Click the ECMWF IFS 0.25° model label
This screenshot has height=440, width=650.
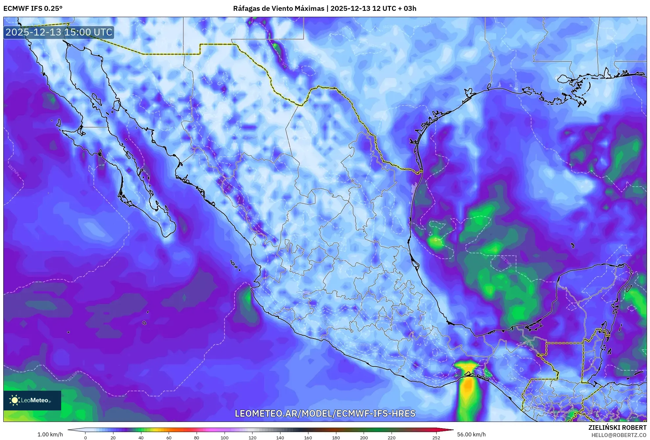tap(33, 9)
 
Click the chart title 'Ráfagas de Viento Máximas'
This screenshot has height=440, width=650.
tap(278, 9)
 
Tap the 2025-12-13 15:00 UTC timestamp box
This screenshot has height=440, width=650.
tap(59, 32)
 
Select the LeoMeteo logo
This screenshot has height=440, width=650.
tap(32, 400)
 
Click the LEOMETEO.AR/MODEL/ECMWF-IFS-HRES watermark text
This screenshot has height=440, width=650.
tap(325, 413)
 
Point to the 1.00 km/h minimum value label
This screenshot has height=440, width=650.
tap(50, 434)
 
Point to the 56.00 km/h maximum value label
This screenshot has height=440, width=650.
tap(471, 434)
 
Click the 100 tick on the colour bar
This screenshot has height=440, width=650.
tap(225, 437)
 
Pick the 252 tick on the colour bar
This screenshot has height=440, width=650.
tap(436, 437)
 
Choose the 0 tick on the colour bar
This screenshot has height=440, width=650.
tap(85, 437)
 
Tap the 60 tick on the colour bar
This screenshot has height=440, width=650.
tap(169, 437)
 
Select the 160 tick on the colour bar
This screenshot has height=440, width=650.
tap(308, 437)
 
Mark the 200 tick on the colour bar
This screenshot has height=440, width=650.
tap(364, 437)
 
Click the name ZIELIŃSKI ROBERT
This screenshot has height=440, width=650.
tap(617, 428)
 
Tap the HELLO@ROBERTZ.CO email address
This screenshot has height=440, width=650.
tap(619, 435)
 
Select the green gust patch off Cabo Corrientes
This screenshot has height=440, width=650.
tap(247, 298)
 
